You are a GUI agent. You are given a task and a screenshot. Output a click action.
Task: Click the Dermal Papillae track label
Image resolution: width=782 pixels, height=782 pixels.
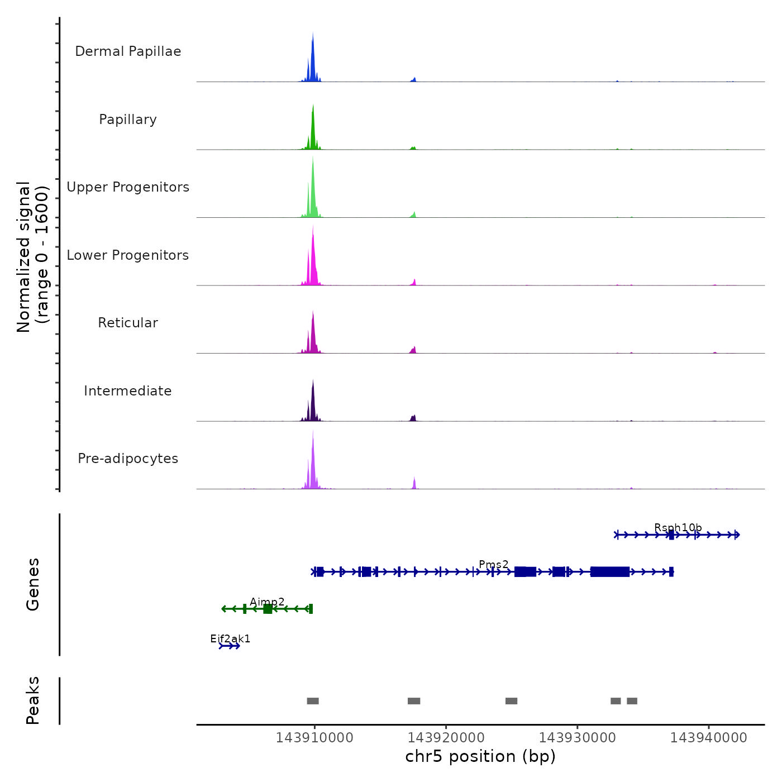point(128,51)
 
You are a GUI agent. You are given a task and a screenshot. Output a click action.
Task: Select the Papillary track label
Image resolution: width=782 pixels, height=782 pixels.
point(128,120)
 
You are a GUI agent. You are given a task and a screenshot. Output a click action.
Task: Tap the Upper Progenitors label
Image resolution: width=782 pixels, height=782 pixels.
point(128,187)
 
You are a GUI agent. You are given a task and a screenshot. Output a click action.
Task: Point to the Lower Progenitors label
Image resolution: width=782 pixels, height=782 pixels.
point(128,255)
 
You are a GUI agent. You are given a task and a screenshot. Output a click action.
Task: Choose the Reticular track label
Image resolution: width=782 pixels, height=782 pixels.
point(128,323)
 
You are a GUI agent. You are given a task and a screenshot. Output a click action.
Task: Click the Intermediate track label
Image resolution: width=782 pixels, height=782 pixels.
point(128,391)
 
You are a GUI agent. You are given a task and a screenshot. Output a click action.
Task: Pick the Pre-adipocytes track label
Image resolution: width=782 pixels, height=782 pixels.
point(128,459)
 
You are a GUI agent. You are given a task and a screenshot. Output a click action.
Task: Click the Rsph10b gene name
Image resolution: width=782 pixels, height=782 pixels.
point(678,528)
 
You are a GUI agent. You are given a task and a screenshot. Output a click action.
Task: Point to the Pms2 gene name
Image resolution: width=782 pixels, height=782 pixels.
point(494,565)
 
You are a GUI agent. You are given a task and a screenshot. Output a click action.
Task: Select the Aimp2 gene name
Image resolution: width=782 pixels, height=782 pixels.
point(267,602)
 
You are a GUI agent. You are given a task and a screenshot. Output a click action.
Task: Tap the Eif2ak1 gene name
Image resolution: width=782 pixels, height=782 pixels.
point(230,638)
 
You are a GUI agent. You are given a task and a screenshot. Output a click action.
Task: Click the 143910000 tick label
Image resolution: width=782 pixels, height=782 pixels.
point(314,738)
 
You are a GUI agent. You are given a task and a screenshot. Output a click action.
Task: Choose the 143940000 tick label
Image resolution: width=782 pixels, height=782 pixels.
point(708,738)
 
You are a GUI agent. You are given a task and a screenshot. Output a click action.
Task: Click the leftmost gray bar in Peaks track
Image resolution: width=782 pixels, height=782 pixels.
point(313,701)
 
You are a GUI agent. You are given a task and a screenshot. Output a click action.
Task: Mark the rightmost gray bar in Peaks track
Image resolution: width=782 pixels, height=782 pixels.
point(632,701)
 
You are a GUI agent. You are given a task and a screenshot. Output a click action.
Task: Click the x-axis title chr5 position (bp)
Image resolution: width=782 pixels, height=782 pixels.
point(480,756)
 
